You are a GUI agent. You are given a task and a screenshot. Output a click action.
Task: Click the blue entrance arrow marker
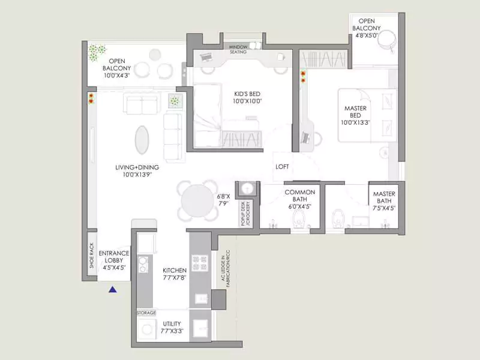click(x=112, y=290)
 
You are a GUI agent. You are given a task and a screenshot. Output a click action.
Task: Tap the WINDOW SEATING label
click(x=242, y=49)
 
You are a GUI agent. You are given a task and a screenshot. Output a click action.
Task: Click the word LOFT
click(x=283, y=167)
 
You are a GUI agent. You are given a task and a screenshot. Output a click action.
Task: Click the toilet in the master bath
click(x=338, y=220)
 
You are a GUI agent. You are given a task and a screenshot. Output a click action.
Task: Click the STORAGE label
click(x=146, y=313)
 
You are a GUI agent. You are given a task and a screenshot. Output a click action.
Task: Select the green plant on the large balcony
click(x=96, y=53)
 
